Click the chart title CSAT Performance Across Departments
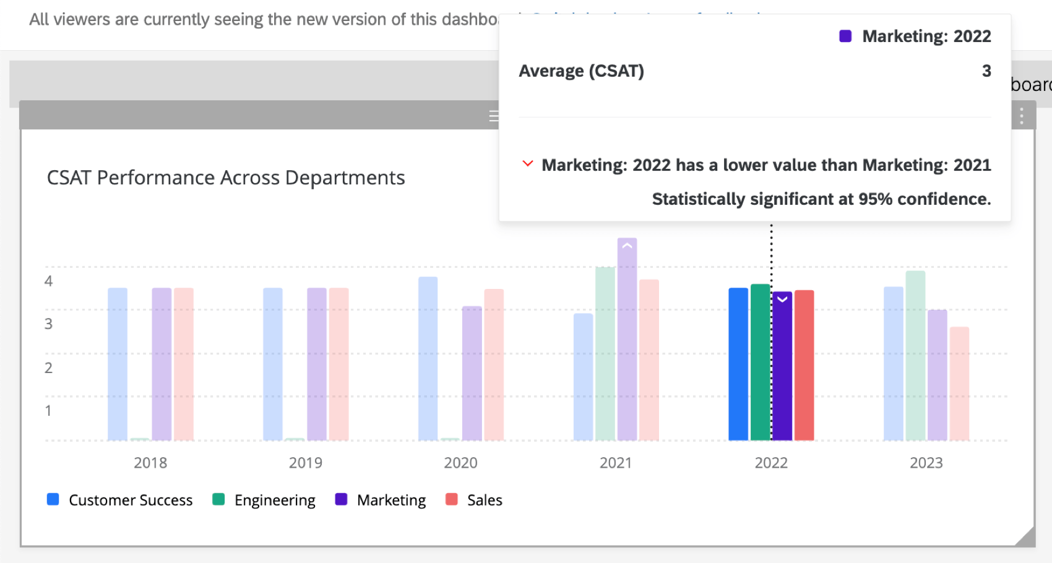(x=226, y=178)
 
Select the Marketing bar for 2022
(x=782, y=371)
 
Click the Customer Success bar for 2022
(x=738, y=365)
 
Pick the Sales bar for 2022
(x=804, y=365)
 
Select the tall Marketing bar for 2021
(x=627, y=340)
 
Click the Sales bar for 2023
(x=959, y=384)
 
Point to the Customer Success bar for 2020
(x=428, y=359)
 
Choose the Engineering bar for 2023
(x=915, y=356)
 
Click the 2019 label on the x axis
(x=306, y=463)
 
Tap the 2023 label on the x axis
(x=926, y=463)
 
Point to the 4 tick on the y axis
(x=48, y=281)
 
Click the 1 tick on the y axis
(x=48, y=411)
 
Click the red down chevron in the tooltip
(x=528, y=164)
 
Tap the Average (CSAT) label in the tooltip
(x=581, y=71)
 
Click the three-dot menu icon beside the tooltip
(x=1022, y=116)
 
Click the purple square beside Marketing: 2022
(x=845, y=36)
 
